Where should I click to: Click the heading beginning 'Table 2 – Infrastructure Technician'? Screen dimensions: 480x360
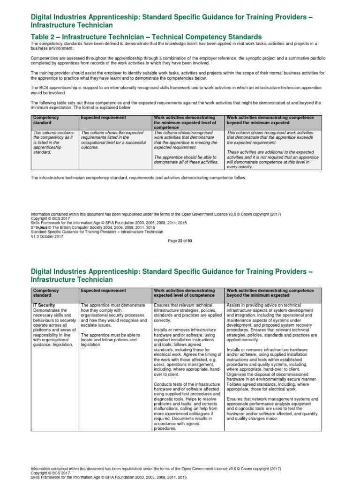[x=146, y=37]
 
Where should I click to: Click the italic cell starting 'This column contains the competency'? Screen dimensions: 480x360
[x=53, y=142]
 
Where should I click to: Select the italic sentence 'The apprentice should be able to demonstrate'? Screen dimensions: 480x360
[x=186, y=159]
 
